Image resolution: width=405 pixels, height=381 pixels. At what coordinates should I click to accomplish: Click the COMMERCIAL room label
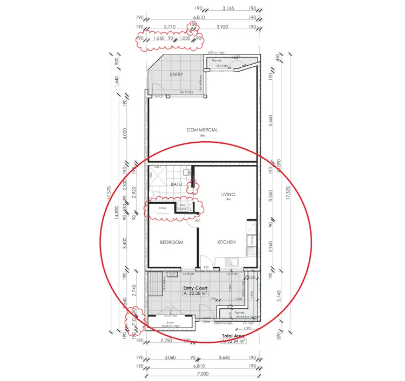(x=202, y=130)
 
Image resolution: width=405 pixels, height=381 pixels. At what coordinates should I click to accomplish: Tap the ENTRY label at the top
(x=176, y=74)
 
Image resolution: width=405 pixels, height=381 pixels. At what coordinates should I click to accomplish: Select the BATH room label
(x=176, y=184)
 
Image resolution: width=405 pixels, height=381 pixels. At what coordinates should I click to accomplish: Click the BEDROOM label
(x=171, y=243)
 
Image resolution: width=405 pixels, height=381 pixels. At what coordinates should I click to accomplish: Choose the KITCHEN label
(x=226, y=243)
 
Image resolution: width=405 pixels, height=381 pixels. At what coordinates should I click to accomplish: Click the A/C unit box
(x=173, y=274)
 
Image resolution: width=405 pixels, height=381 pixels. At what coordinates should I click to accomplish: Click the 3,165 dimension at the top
(x=228, y=9)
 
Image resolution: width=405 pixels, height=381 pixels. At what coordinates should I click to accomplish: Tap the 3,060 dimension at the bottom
(x=170, y=357)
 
